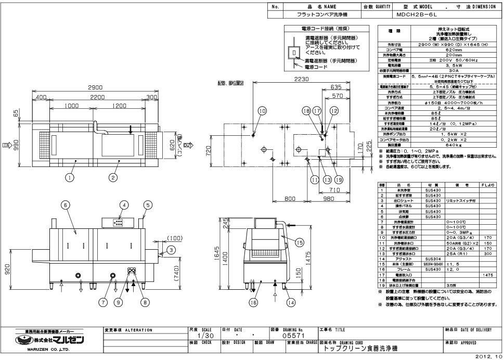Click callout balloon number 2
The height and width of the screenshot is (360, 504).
112,177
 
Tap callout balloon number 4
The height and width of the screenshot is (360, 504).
123,205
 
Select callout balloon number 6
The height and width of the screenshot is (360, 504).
66,205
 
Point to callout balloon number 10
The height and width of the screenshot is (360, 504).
262,111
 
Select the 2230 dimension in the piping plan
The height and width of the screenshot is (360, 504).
298,79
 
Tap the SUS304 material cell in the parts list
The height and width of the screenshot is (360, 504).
433,258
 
